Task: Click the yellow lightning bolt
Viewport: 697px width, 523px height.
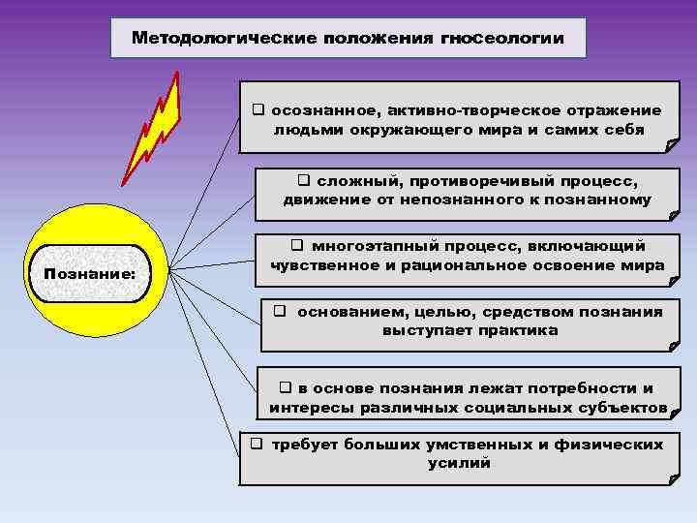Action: [156, 126]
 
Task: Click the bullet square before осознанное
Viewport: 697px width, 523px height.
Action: [258, 110]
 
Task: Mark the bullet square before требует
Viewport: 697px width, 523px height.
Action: [257, 445]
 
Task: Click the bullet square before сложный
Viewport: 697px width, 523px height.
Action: [303, 180]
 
